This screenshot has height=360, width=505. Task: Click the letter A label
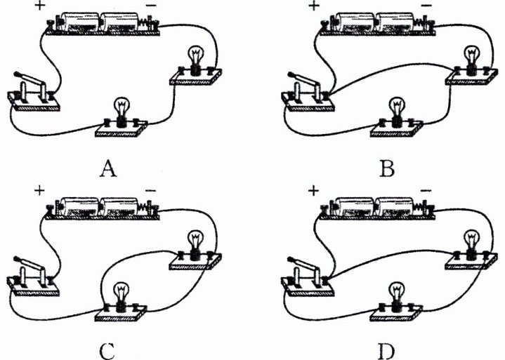(108, 169)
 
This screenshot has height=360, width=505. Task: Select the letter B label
(388, 169)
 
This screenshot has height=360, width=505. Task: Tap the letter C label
(107, 352)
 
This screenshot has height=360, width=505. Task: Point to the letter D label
(386, 352)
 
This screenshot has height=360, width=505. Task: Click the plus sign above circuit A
(39, 6)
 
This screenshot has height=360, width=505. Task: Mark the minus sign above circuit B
(426, 5)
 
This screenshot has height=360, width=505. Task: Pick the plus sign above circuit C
(39, 191)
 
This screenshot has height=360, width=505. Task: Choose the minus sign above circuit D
(426, 190)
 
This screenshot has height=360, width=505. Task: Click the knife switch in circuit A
(33, 93)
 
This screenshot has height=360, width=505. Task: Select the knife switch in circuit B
(308, 93)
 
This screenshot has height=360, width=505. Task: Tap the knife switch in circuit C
(33, 276)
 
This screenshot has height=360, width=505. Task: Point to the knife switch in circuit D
(308, 276)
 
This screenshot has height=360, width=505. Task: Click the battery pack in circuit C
(103, 208)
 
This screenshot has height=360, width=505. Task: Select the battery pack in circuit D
(377, 208)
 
